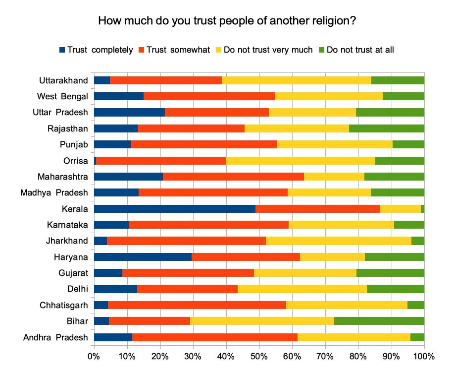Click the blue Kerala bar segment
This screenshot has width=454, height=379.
tap(174, 209)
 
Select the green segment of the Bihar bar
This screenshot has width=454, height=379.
tap(379, 321)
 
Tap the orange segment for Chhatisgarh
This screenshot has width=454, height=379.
tap(197, 305)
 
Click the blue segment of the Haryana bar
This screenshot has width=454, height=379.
tap(143, 257)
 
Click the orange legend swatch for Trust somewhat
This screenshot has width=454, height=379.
tap(142, 50)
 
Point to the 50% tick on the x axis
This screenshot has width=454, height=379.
tap(259, 356)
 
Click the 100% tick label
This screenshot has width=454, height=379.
tap(424, 356)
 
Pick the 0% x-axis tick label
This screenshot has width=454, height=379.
tap(94, 356)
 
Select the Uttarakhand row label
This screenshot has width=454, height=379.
tap(64, 80)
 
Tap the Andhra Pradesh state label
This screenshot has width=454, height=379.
tap(55, 338)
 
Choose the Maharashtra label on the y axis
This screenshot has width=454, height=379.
tap(63, 177)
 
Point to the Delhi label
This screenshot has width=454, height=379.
tap(78, 289)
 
